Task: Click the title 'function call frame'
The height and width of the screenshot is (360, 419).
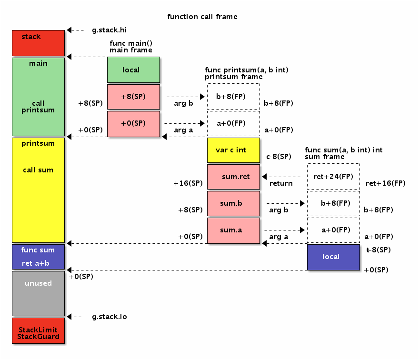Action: [x=202, y=17]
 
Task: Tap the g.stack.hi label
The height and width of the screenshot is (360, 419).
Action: [x=109, y=30]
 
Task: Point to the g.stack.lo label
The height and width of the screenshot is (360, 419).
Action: [x=109, y=317]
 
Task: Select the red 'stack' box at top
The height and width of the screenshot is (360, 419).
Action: [x=38, y=43]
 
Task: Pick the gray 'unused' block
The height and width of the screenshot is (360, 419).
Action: [x=38, y=293]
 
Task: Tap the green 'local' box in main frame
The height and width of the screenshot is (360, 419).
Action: [x=133, y=70]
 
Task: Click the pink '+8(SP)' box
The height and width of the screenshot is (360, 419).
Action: [x=133, y=97]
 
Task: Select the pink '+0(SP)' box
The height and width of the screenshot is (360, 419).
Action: [x=133, y=123]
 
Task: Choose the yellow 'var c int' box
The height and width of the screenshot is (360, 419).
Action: [x=233, y=150]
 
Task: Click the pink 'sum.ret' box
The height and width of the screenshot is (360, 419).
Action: [x=233, y=177]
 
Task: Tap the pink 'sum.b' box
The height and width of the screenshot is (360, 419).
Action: [x=233, y=203]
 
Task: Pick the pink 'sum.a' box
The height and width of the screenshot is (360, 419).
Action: [x=233, y=230]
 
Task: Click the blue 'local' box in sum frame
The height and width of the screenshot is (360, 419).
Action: [x=333, y=257]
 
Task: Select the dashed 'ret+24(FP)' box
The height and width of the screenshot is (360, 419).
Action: [x=333, y=177]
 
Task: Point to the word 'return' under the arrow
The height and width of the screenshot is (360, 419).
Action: [x=281, y=183]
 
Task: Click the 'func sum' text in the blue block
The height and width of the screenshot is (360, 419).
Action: [x=38, y=250]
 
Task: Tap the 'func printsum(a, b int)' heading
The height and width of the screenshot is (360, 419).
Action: [x=247, y=70]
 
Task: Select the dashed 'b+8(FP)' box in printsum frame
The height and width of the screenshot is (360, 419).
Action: [x=233, y=97]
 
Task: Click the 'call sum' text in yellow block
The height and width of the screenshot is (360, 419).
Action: [x=38, y=170]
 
